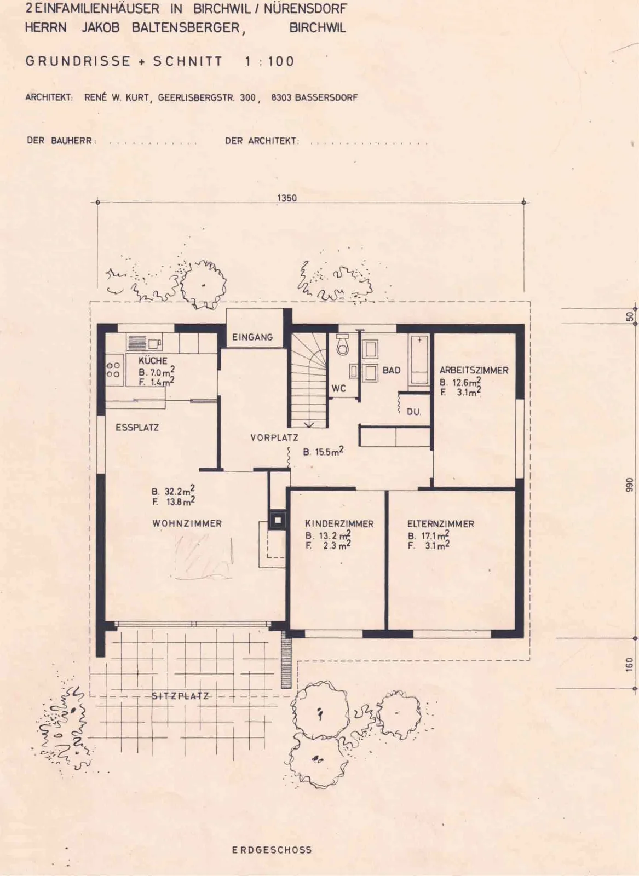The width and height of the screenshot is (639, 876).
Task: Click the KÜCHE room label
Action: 153,360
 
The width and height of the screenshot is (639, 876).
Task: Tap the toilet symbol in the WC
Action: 343,344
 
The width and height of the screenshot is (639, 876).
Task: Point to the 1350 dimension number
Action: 287,198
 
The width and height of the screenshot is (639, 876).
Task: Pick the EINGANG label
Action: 252,337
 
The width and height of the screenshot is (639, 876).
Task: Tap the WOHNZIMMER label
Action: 187,523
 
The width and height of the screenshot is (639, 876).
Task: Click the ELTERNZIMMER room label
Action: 440,523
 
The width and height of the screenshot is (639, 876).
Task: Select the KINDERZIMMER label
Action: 339,523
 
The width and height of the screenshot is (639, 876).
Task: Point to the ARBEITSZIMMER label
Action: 474,370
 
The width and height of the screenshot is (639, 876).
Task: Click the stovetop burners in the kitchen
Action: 113,370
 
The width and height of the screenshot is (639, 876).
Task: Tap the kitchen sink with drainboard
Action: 145,343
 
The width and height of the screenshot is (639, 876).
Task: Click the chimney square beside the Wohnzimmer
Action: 277,520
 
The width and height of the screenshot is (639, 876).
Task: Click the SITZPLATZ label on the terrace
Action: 180,696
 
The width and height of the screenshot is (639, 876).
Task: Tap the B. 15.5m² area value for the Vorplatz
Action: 324,452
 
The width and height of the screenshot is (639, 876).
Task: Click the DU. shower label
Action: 414,412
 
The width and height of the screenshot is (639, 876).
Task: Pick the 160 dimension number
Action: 629,665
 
